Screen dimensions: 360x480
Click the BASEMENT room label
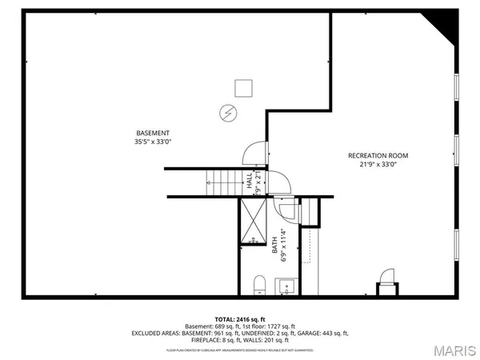click(153, 133)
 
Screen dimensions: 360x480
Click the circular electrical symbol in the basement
click(227, 113)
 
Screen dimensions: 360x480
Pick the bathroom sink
click(286, 286)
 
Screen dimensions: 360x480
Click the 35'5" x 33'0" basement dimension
click(153, 142)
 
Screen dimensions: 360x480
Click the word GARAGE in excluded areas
click(309, 333)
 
